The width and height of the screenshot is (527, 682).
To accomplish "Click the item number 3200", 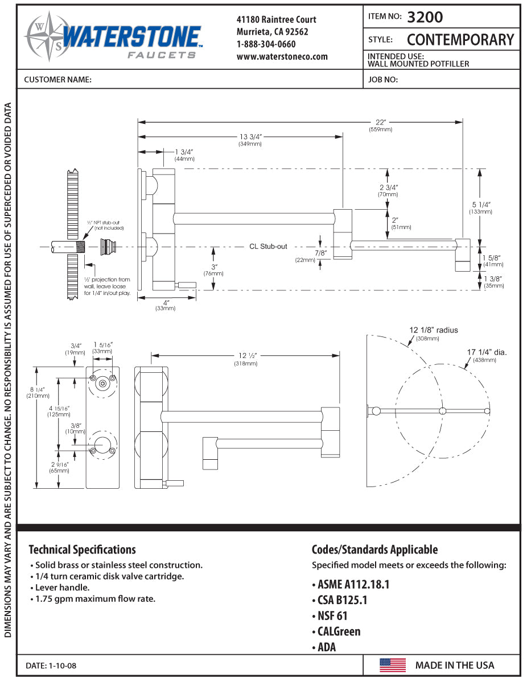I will point(425,17).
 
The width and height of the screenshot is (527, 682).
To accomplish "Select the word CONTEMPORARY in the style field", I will point(460,40).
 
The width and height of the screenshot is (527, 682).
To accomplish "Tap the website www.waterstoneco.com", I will point(282,56).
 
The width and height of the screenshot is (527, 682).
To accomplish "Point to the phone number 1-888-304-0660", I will point(266,44).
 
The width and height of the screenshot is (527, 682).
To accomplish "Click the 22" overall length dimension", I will point(381,122).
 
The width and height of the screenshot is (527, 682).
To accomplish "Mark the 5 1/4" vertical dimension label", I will point(481,205).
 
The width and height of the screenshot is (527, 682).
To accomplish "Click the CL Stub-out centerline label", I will point(268,247).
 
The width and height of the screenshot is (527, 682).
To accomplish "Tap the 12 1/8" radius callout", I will point(434,330).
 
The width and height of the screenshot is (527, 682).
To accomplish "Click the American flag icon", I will point(393,665).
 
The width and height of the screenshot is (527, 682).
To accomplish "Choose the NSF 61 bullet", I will point(330,616).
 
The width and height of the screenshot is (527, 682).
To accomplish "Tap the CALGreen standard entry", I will point(336,631).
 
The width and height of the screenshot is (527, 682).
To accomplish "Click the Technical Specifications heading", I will point(82,550).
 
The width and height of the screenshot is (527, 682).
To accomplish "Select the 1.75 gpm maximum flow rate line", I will point(95,598).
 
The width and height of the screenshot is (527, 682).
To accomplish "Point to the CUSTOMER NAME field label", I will point(57,80).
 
